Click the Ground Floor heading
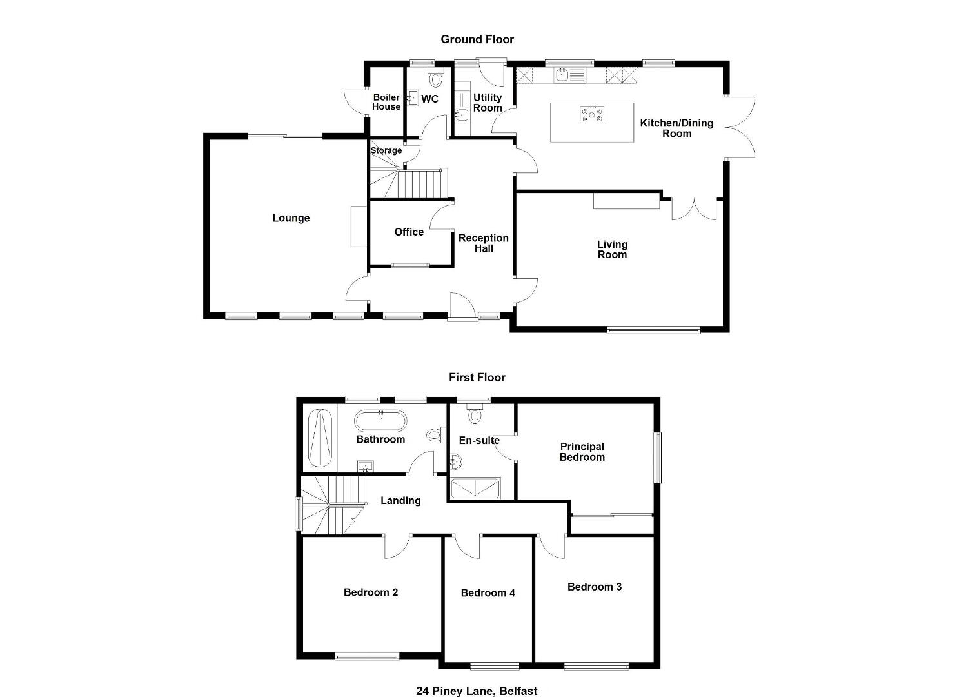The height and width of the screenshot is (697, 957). (x=477, y=40)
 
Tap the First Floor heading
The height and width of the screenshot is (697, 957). (x=477, y=378)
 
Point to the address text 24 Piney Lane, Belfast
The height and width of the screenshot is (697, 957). (x=477, y=691)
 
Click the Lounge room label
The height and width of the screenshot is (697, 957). (x=291, y=219)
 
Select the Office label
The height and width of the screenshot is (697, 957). (x=409, y=232)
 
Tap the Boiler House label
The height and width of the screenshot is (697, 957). (x=386, y=102)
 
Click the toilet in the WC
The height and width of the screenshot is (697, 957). (x=436, y=77)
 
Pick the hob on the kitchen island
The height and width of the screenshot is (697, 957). (x=592, y=115)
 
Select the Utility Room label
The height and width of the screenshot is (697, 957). (x=488, y=103)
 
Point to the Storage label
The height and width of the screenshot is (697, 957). (x=386, y=150)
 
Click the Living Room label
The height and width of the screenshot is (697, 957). (x=612, y=250)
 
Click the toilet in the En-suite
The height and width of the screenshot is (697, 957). (x=475, y=412)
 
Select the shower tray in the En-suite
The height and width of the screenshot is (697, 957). (x=475, y=489)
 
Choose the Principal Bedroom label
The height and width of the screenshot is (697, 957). (x=582, y=452)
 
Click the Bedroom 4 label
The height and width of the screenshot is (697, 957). (x=488, y=593)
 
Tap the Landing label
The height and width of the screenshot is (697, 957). (x=400, y=501)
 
